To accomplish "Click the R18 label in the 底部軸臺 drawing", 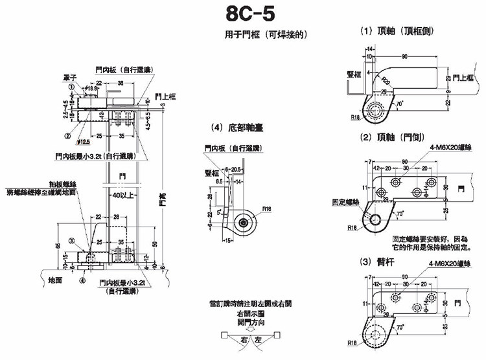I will pyautogui.click(x=268, y=208).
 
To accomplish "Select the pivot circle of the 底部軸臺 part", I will pyautogui.click(x=243, y=222).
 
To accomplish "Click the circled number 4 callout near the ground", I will pyautogui.click(x=82, y=280).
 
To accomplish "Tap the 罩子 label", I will pyautogui.click(x=70, y=76).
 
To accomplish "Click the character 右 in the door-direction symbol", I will pyautogui.click(x=244, y=339).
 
